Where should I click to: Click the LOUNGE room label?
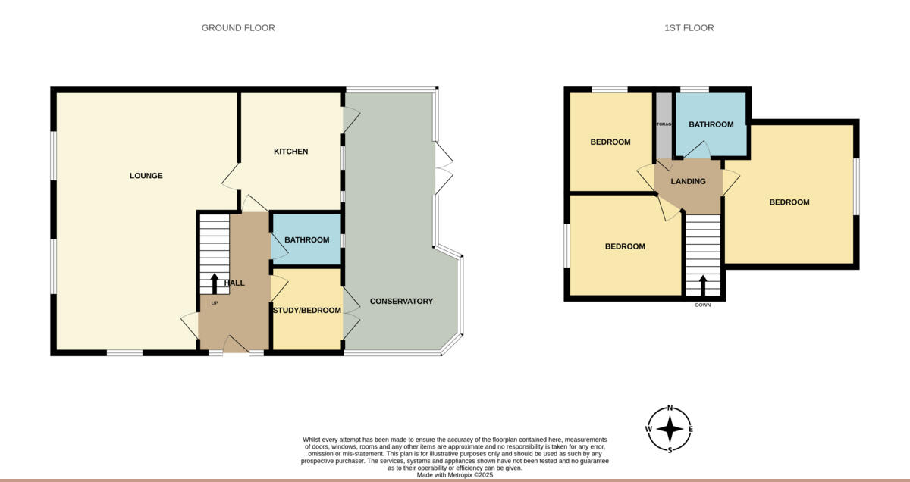(x=146, y=176)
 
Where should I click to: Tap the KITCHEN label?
(x=290, y=152)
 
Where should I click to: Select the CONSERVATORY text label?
(x=401, y=302)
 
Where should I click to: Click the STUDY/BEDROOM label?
(x=306, y=310)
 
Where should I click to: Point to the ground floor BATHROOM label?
(x=306, y=240)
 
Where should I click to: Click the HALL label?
(x=234, y=283)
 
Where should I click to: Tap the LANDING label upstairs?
(x=688, y=182)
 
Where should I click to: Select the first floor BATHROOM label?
(x=711, y=124)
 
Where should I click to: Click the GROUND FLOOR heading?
(x=238, y=28)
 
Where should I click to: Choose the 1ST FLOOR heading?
(x=689, y=28)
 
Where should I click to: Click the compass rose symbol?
(x=670, y=429)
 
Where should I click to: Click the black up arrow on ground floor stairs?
(x=215, y=283)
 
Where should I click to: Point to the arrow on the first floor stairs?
(x=702, y=285)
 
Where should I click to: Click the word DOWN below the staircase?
(x=702, y=305)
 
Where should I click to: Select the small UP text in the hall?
(x=215, y=303)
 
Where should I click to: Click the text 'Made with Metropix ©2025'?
(x=455, y=475)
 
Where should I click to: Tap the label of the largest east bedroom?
(x=789, y=202)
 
